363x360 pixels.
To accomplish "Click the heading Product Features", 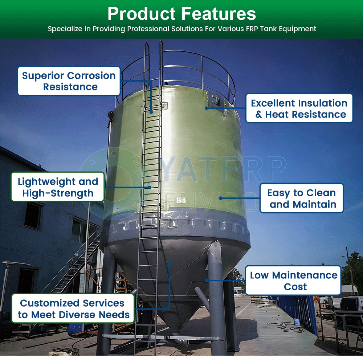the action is [182, 14].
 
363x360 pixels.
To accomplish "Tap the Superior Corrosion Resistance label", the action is [69, 81].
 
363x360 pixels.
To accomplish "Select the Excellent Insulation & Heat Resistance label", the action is [299, 109].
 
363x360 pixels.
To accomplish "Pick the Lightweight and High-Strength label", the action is [58, 187].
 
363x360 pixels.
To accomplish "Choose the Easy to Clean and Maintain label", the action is [301, 198].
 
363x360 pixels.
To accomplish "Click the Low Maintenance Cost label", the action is [293, 281].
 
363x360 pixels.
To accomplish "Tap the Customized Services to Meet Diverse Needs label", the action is [73, 308].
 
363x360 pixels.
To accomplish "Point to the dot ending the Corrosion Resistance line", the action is [151, 112].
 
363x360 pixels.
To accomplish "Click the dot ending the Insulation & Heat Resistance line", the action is [207, 108].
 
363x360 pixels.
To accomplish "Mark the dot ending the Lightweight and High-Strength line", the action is [150, 188].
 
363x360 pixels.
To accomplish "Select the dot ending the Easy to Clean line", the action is [221, 198].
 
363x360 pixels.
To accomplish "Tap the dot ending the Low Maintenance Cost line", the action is [207, 281].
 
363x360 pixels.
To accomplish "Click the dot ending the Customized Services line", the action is [170, 263].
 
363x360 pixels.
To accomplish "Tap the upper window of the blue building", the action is [33, 216].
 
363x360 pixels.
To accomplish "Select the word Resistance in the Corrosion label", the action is [70, 87].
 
